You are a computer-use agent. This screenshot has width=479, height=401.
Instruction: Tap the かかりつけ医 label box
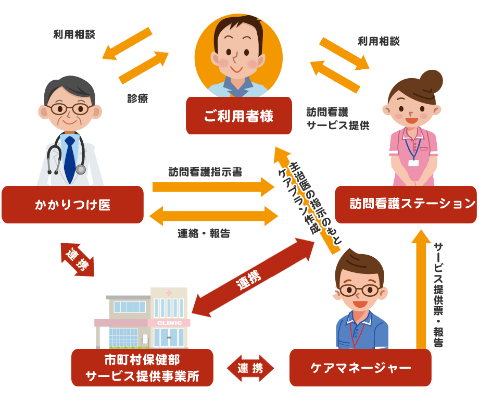click(72, 205)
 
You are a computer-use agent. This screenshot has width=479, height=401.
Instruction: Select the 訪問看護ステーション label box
click(406, 204)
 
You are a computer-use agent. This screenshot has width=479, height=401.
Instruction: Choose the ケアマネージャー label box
click(360, 368)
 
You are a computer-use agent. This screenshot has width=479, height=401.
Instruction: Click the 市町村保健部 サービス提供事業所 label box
click(142, 368)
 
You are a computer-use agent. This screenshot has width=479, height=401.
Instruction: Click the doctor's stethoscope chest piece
click(81, 169)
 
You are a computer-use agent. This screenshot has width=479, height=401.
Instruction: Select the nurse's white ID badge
click(413, 162)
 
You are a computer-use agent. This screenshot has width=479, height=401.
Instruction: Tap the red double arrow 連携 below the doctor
click(78, 259)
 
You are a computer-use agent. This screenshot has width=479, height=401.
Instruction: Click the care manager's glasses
click(359, 290)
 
